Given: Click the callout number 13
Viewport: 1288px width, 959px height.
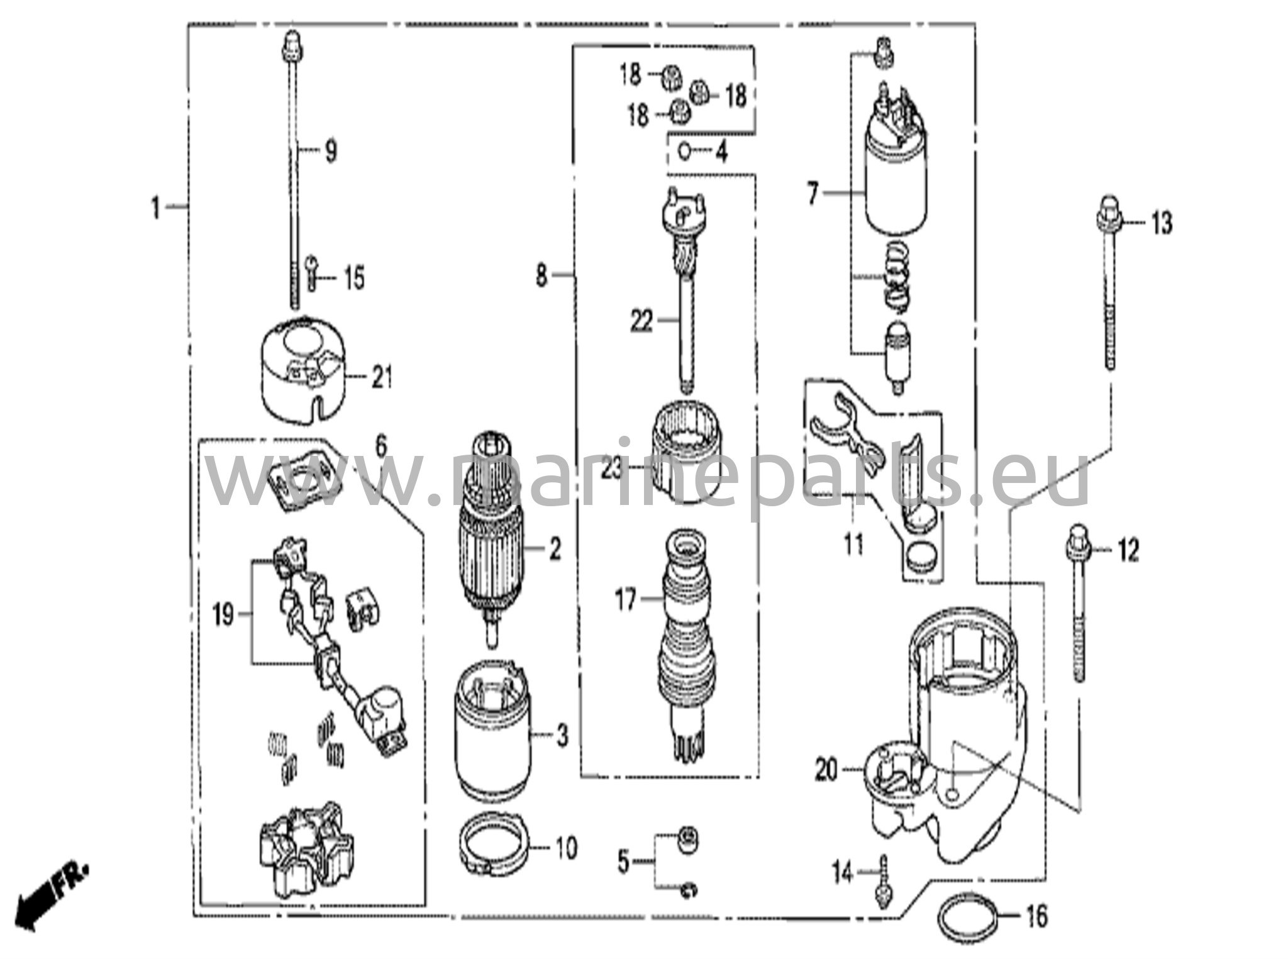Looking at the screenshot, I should click(x=1162, y=223).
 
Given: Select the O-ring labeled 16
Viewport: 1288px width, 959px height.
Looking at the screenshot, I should click(x=969, y=917).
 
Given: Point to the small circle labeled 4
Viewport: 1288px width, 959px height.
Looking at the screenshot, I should click(x=685, y=151).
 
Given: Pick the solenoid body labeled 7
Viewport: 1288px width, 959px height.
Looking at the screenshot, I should click(x=896, y=182).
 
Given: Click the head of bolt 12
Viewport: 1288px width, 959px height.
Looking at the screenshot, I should click(x=1077, y=533).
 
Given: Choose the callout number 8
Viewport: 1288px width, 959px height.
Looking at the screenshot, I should click(x=541, y=275).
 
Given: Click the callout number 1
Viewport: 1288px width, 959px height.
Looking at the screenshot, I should click(x=155, y=207).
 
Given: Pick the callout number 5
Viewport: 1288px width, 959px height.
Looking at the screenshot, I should click(x=623, y=862).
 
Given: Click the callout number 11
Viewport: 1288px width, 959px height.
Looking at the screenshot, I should click(x=853, y=544).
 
